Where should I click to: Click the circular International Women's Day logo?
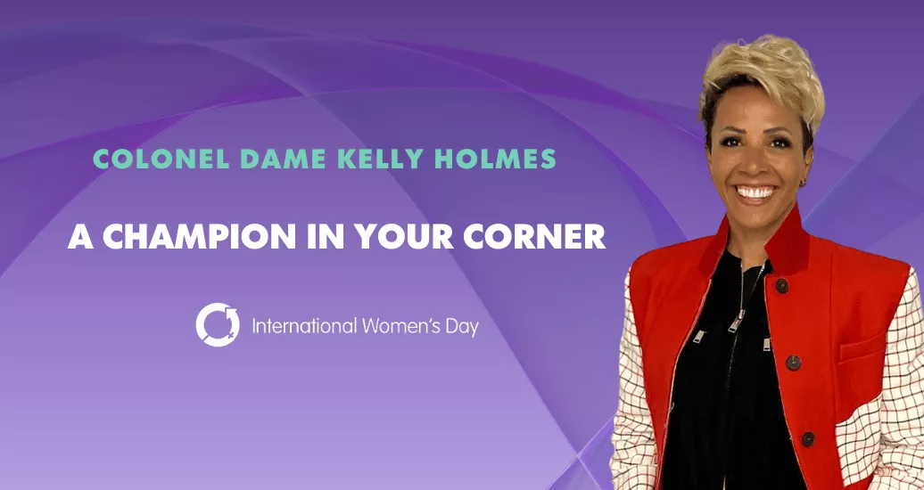(218, 324)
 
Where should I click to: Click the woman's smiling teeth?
(756, 192)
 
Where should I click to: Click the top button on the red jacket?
(782, 286)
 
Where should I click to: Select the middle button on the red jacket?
(793, 363)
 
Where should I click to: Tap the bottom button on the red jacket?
(808, 439)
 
